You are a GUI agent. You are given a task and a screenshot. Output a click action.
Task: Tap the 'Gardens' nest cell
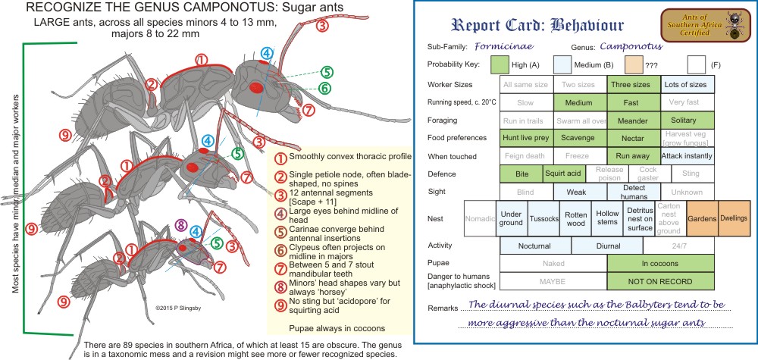click(x=697, y=218)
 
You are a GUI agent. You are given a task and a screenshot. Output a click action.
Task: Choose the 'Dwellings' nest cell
click(x=733, y=218)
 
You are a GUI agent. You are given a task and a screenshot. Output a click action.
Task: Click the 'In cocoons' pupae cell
click(x=660, y=264)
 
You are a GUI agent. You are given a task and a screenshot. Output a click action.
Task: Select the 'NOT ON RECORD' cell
click(x=660, y=281)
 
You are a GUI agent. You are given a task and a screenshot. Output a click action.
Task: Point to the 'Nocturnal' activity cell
click(x=535, y=246)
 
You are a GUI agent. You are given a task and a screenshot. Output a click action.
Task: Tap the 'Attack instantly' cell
click(x=688, y=156)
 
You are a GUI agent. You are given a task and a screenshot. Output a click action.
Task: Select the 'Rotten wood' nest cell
click(x=575, y=218)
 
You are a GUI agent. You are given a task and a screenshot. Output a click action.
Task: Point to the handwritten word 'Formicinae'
click(x=515, y=46)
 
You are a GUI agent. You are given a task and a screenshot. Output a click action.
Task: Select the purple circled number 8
click(x=180, y=225)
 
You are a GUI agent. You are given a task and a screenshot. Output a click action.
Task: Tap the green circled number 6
click(x=325, y=89)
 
